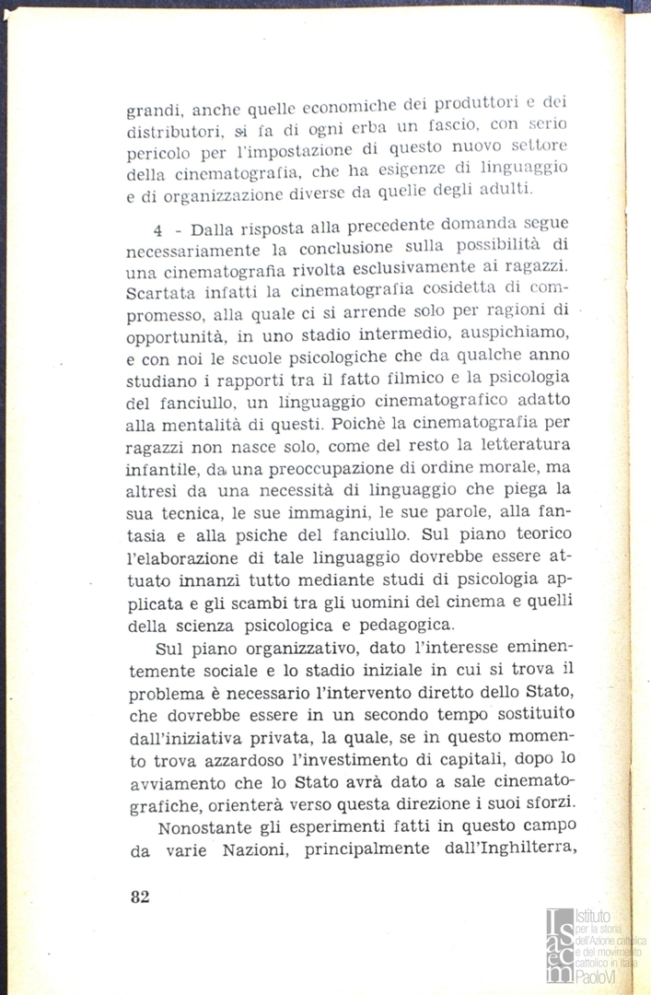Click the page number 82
tap(140, 898)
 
